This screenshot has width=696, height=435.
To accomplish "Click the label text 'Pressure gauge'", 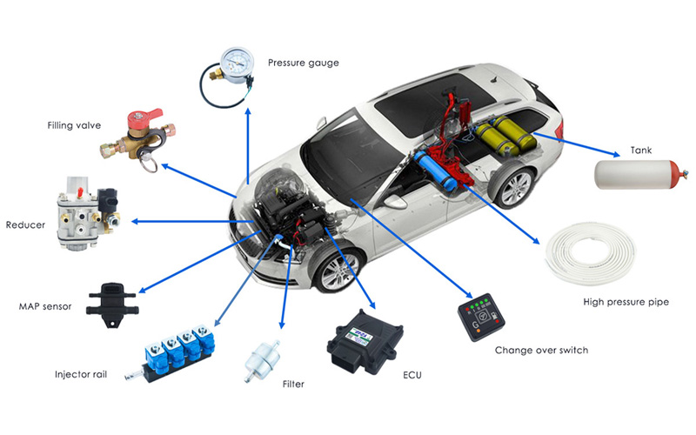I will tap(303, 63).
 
